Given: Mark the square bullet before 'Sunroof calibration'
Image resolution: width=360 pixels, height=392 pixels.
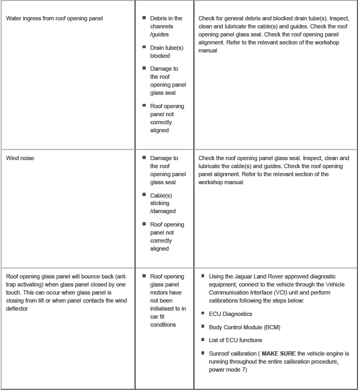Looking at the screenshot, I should pos(203,353).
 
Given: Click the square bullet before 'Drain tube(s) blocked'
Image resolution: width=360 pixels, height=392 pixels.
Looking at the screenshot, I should pos(144,47).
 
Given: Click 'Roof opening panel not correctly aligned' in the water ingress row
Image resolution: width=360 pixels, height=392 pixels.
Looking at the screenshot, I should pos(167,118).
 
